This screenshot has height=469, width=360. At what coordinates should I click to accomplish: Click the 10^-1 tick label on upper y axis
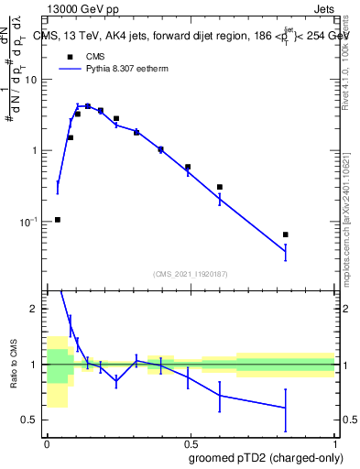point(29,223)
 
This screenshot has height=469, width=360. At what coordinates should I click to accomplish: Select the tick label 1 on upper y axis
point(35,151)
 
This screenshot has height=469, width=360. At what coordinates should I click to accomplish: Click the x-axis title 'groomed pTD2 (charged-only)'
point(265,457)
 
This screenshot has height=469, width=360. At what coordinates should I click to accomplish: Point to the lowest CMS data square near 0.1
point(58,220)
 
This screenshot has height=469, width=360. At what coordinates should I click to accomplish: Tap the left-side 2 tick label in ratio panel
point(36,310)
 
